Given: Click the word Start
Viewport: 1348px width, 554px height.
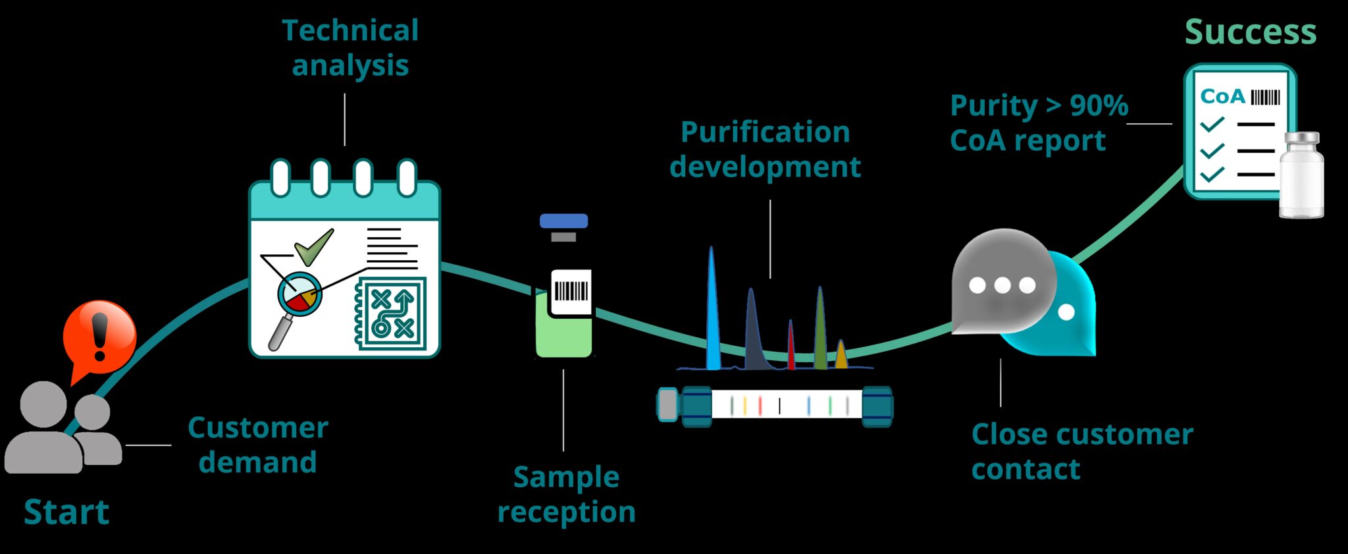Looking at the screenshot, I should [66, 512].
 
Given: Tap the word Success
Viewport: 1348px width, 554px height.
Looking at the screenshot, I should [1250, 32].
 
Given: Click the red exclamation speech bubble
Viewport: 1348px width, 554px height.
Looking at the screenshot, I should [99, 337].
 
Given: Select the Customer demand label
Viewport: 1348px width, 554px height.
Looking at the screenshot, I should [258, 445].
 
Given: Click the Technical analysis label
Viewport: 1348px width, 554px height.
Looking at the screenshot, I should [350, 48].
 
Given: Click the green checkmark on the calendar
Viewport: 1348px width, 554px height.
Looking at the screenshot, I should [314, 248].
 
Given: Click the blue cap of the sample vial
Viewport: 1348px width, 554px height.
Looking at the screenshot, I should [563, 221].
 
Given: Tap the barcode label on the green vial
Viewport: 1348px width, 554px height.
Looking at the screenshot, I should [570, 292].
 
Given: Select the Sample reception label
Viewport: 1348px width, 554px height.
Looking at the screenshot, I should [566, 494].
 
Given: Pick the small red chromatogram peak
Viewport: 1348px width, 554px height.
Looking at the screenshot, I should [791, 346].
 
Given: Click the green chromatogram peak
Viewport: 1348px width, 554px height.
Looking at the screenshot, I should [820, 329].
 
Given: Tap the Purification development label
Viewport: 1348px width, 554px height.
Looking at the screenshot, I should [765, 150].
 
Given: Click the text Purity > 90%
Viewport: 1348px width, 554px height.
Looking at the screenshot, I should [1039, 105].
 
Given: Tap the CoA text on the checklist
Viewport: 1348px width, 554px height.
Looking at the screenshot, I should [1222, 97].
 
